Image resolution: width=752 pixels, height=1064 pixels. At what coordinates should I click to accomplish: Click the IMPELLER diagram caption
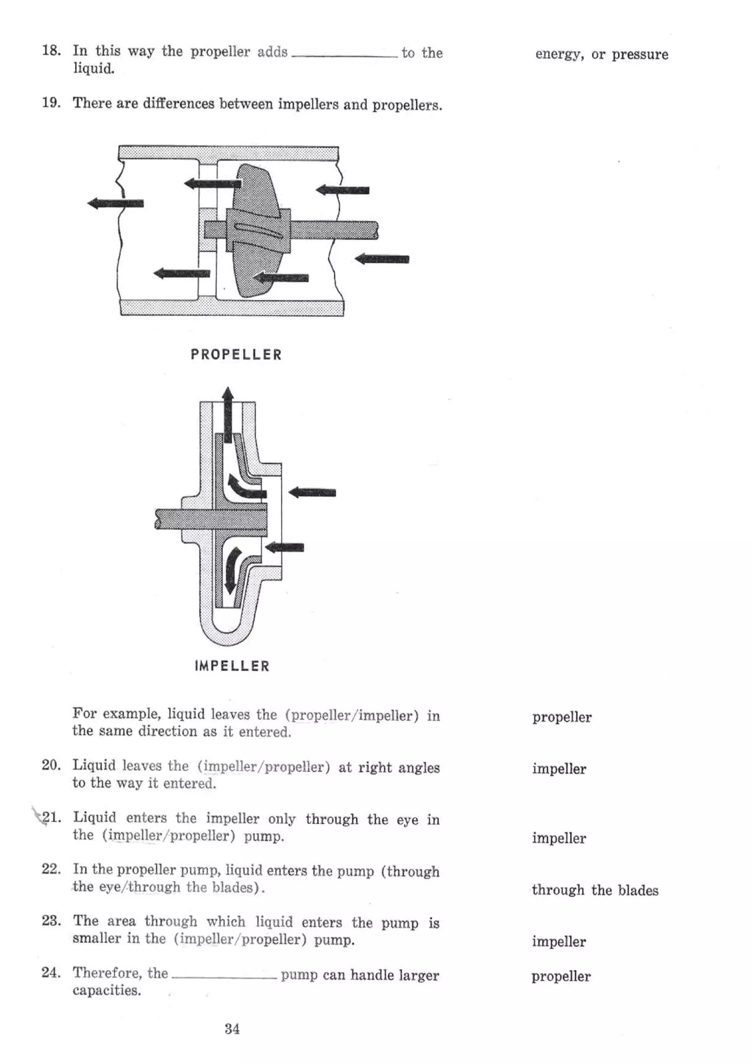pos(232,666)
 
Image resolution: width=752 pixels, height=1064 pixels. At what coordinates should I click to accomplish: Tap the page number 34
pos(232,1029)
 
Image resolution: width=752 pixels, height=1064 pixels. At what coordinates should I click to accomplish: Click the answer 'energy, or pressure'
pos(601,54)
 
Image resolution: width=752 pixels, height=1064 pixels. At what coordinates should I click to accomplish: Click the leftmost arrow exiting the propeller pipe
pos(115,203)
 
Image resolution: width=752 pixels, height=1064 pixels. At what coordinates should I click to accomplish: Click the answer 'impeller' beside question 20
pos(559,769)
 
